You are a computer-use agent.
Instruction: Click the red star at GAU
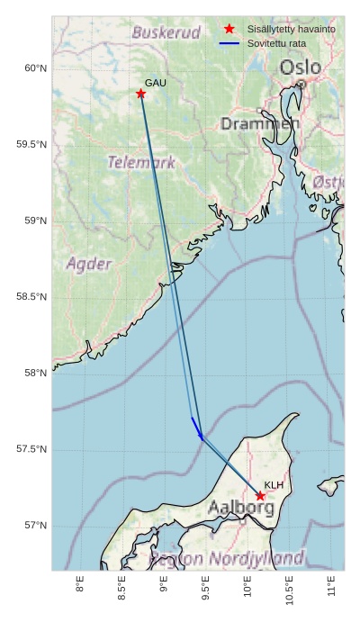[141, 94]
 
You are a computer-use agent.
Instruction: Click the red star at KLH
[260, 496]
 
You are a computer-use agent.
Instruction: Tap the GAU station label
[156, 83]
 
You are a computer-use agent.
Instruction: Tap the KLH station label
[274, 485]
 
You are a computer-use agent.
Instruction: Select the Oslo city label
[300, 68]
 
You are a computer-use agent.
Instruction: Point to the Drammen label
[260, 123]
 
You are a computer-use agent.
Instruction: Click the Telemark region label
[141, 163]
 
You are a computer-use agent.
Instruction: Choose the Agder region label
[89, 264]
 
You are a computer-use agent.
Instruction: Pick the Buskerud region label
[166, 32]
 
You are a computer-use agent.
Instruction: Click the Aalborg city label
[241, 508]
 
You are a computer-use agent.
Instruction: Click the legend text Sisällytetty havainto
[292, 29]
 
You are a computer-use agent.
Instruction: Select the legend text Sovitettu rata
[276, 43]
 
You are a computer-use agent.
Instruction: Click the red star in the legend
[229, 29]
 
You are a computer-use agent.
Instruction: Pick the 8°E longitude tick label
[80, 585]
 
